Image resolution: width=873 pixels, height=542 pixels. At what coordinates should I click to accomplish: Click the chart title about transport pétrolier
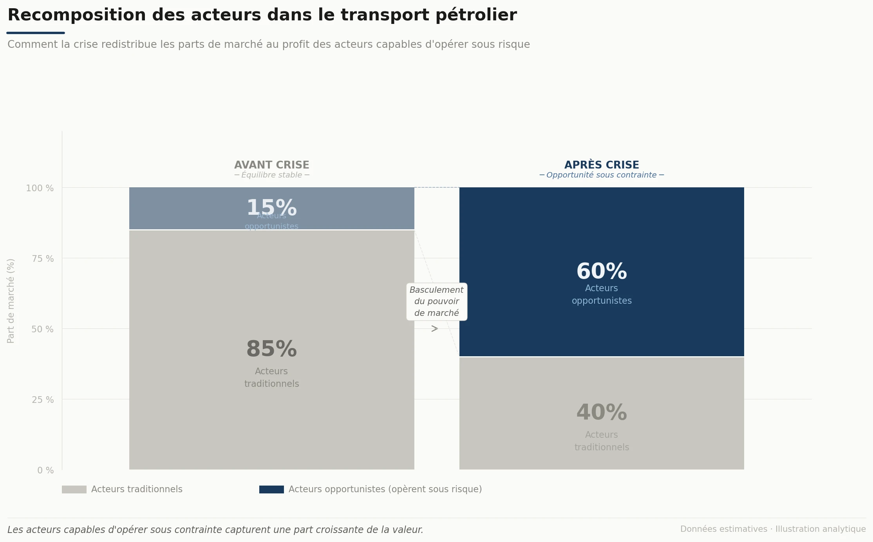(262, 15)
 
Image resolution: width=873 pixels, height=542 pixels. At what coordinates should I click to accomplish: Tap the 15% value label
(271, 207)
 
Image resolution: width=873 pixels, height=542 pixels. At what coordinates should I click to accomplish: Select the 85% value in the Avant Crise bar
(271, 349)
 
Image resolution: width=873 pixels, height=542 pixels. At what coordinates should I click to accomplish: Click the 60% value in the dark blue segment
(602, 271)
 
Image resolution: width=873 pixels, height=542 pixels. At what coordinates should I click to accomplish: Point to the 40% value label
(602, 412)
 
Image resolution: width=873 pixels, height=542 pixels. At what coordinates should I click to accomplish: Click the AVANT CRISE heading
(271, 165)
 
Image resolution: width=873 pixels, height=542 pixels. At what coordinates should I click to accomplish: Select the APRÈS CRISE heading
(602, 165)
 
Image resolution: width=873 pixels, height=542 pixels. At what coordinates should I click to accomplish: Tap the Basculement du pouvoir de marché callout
(436, 301)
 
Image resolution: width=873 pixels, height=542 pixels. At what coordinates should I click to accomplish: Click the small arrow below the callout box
(434, 329)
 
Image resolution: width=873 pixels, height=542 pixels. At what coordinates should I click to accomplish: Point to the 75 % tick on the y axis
(43, 259)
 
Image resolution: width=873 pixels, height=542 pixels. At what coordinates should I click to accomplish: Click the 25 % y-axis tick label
(43, 400)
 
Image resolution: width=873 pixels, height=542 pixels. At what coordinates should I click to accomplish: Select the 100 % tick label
(40, 188)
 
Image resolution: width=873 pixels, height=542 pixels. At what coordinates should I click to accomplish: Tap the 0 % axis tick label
(45, 470)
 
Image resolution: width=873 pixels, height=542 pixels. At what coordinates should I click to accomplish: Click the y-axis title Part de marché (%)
(11, 301)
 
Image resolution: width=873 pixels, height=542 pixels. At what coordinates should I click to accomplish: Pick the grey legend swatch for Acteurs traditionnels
(74, 489)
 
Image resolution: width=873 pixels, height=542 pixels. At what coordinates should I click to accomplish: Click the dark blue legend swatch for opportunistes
(271, 489)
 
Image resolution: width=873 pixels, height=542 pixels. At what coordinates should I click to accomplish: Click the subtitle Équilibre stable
(271, 175)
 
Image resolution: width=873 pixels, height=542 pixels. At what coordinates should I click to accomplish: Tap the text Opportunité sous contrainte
(602, 175)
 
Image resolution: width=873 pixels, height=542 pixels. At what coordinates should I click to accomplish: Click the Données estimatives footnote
(773, 529)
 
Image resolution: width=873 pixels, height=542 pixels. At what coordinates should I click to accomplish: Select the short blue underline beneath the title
(36, 33)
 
